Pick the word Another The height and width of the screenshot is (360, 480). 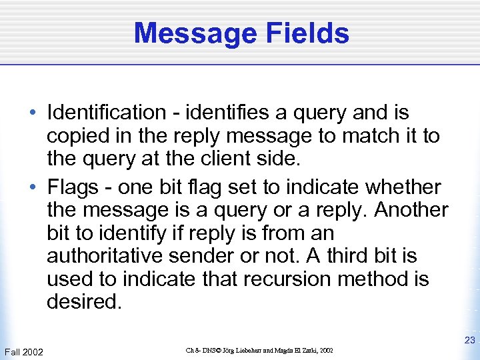coord(411,210)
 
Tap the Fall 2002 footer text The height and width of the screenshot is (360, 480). coord(24,351)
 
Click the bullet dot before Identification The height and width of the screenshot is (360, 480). coord(32,113)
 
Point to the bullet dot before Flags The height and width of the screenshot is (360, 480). coord(32,187)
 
